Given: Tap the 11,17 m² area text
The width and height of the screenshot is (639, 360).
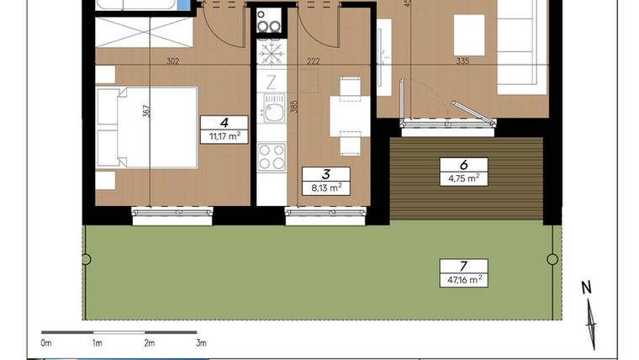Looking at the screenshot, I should click(x=224, y=135).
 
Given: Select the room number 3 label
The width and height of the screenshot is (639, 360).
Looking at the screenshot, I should click(x=325, y=175).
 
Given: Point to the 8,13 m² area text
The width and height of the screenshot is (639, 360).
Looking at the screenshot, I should click(x=325, y=188).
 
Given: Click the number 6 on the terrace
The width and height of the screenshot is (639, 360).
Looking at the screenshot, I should click(x=463, y=165).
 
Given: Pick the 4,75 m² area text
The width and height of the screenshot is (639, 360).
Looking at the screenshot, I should click(x=463, y=177).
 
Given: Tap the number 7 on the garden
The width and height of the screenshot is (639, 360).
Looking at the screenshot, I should click(x=463, y=266).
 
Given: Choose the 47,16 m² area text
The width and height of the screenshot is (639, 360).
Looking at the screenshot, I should click(x=463, y=278).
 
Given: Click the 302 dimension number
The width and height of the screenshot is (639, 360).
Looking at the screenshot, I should click(x=172, y=61).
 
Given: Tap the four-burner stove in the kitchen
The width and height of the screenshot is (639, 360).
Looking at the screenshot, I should click(x=271, y=156).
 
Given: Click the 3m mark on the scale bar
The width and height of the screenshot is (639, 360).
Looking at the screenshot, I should click(x=201, y=343).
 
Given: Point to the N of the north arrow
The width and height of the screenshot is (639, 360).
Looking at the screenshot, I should click(x=587, y=288).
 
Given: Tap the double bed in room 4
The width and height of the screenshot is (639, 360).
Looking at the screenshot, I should click(x=151, y=127).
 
